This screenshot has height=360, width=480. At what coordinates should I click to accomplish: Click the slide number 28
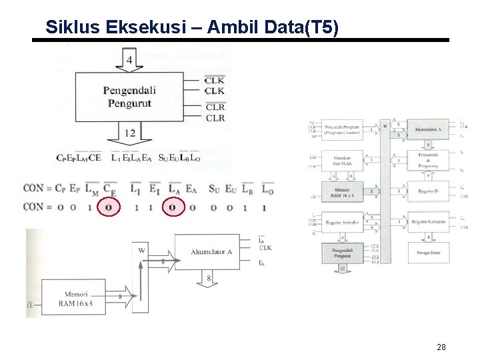tap(441, 347)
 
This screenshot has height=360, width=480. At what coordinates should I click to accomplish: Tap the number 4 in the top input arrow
tap(129, 61)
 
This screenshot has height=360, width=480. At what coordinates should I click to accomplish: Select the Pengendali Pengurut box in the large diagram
tap(129, 97)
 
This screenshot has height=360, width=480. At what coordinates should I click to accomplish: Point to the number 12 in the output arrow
tap(129, 133)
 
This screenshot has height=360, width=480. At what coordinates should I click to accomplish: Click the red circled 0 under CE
tap(109, 208)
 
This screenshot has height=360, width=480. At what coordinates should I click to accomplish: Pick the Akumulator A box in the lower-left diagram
tap(211, 252)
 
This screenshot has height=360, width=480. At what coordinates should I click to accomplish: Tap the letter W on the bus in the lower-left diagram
tap(141, 251)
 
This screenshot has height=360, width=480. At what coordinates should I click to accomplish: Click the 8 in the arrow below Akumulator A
tap(210, 278)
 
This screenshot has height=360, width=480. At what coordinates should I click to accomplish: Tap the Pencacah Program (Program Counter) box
tap(343, 129)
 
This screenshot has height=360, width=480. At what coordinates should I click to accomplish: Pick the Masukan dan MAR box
tap(343, 160)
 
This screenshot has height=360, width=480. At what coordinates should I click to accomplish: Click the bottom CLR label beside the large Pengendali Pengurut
tap(215, 119)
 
